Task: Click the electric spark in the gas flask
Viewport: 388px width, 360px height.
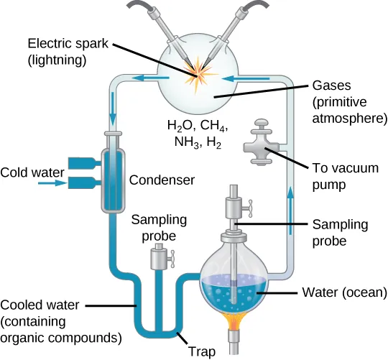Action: [x=195, y=75]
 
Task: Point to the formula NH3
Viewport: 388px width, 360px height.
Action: [x=180, y=142]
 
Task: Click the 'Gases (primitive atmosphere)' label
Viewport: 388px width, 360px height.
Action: [x=348, y=100]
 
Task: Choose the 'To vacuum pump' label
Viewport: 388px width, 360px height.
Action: [x=343, y=175]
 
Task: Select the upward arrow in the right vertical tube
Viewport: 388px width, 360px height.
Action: [x=290, y=198]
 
